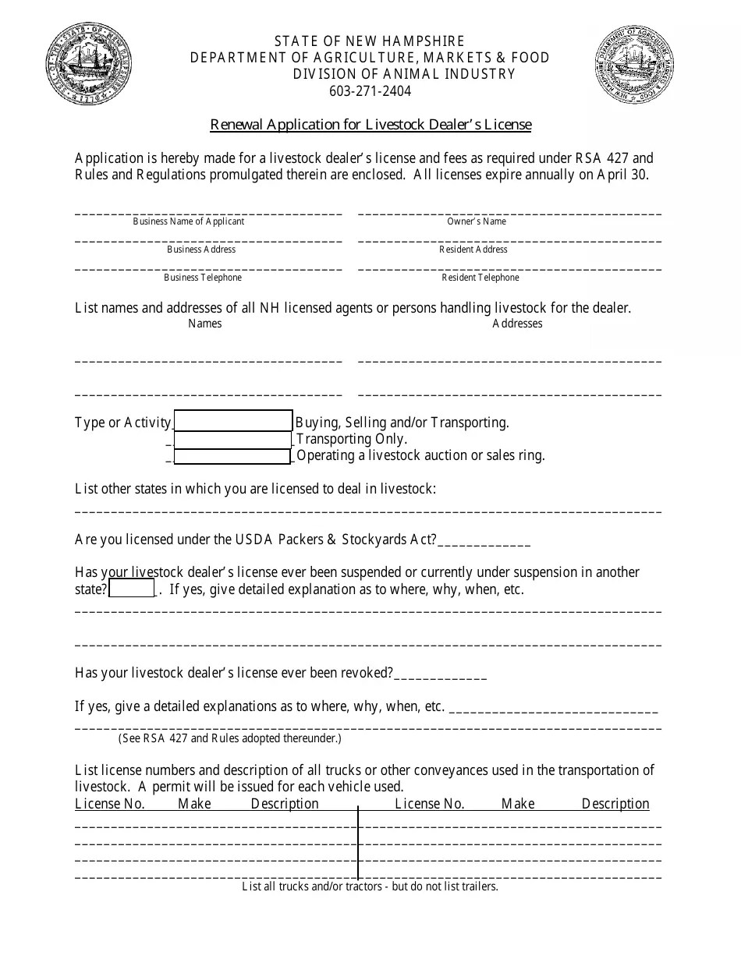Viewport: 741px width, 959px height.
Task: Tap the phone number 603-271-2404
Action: (370, 91)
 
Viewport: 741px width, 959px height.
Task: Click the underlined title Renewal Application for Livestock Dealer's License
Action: (370, 125)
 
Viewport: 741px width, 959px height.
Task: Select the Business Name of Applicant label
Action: (188, 221)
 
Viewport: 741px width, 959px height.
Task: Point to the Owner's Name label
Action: (476, 221)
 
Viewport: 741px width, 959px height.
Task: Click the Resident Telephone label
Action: (480, 278)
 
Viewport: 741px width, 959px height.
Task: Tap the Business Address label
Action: (201, 249)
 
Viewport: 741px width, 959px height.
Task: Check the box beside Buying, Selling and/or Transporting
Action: (232, 421)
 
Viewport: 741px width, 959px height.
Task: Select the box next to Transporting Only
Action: (232, 439)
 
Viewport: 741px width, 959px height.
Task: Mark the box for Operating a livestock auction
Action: (232, 456)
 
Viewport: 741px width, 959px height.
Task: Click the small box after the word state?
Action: (132, 589)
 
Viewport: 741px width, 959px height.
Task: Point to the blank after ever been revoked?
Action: (441, 675)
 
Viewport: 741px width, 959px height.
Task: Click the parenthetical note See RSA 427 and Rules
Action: (229, 738)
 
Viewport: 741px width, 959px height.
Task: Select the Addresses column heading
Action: (517, 324)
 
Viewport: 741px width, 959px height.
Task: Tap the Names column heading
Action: (204, 324)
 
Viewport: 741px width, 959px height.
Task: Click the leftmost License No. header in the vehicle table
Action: (110, 804)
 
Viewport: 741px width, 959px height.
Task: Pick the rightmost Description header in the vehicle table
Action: (615, 804)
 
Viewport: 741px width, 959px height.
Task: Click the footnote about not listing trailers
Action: (370, 886)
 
